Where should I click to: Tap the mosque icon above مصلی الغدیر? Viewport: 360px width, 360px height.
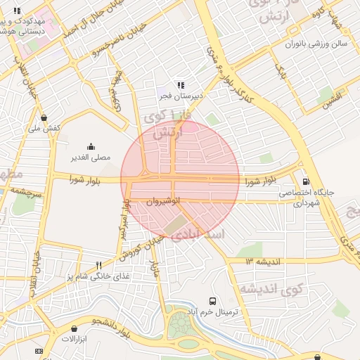(91, 147)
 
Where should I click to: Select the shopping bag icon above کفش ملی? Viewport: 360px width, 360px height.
(45, 117)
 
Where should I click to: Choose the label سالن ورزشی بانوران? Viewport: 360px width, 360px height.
(307, 44)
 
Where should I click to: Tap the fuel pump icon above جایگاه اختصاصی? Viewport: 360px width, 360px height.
(305, 181)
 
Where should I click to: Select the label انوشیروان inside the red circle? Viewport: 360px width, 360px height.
(164, 201)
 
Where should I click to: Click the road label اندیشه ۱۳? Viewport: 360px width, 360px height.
(264, 261)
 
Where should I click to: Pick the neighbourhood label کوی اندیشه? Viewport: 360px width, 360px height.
(271, 288)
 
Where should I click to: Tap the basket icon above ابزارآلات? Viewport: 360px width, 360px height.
(75, 328)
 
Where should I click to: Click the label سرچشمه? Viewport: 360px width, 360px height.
(28, 190)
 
